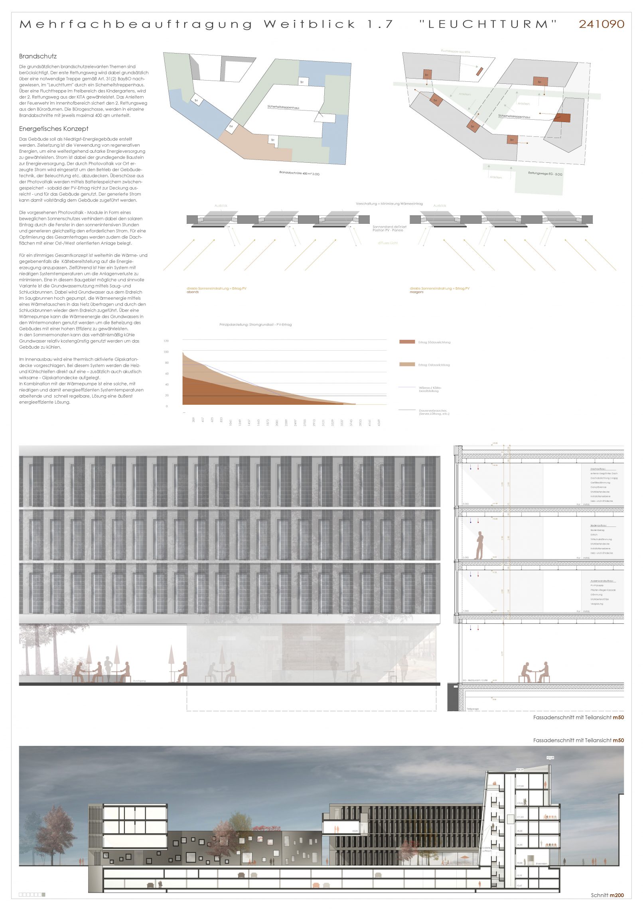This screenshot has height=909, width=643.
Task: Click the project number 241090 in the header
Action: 601,24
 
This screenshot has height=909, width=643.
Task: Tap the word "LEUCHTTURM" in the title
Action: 488,24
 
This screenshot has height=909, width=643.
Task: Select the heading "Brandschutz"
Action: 38,56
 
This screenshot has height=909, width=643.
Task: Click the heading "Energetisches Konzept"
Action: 53,129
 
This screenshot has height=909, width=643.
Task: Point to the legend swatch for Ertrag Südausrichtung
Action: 407,342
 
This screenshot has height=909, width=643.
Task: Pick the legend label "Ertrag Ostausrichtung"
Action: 434,365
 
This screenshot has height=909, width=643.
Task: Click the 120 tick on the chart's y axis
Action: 166,341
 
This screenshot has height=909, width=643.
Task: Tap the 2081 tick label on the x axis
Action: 277,422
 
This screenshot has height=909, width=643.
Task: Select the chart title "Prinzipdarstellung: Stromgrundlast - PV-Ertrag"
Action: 255,325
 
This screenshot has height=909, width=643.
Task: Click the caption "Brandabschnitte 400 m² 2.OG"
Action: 299,173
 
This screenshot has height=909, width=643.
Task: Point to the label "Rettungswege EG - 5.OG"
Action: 545,174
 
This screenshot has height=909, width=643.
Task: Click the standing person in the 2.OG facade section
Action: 479,545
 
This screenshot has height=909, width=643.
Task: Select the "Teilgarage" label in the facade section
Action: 473,709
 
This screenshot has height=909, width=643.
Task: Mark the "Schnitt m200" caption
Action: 607,895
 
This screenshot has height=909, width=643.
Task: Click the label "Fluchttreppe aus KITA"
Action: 455,52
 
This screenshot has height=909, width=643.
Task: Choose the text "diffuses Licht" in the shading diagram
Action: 388,243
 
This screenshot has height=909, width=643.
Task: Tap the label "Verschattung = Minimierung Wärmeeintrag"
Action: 389,204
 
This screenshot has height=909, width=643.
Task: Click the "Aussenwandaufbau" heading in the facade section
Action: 602,581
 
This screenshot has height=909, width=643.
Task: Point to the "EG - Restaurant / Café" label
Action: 475,680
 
